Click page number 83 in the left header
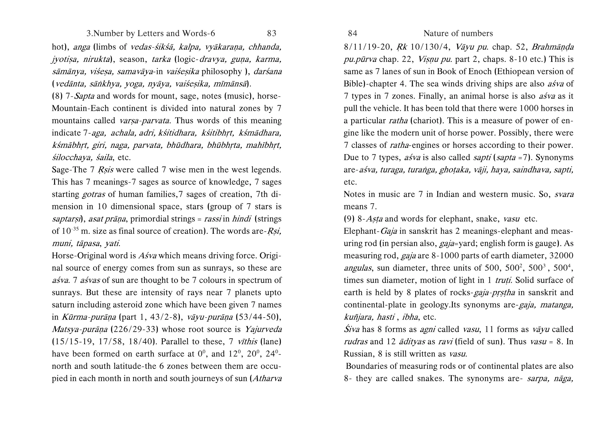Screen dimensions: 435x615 [271, 33]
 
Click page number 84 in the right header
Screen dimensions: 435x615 [353, 33]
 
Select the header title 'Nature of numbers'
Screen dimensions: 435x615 [458, 33]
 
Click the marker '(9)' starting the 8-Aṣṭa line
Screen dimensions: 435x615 [350, 219]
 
